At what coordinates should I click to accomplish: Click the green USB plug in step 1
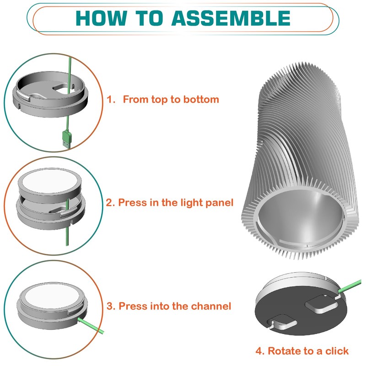coord(66,139)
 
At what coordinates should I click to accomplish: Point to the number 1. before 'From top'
coord(111,99)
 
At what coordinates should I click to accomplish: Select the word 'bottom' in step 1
coord(201,99)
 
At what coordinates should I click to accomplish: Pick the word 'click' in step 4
coord(337,351)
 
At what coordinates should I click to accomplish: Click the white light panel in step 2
coord(50,181)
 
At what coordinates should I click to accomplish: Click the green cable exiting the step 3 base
coord(91,325)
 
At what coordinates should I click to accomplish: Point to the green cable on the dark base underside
coord(350,285)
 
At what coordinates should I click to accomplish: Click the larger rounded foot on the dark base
coord(322,304)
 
